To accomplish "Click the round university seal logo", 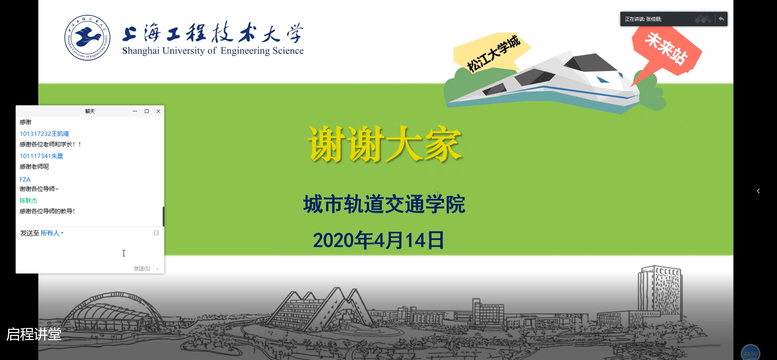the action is tap(87, 38).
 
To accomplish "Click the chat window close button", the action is tap(158, 111).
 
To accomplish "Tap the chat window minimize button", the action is tap(135, 111).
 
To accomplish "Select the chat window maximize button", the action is tap(147, 111).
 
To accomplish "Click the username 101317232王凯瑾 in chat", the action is tap(44, 134).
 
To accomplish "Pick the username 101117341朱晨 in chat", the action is tap(41, 156).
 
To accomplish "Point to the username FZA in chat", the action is tap(25, 179).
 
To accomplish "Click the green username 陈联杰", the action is tap(28, 200).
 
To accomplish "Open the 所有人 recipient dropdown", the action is tap(52, 233).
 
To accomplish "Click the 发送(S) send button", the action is tap(142, 269).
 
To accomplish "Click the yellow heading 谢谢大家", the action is tap(385, 144).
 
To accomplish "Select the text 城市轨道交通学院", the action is tap(384, 204).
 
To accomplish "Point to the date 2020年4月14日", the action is tap(378, 240).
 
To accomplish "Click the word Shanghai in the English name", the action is tap(141, 51).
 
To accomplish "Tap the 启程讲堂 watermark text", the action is tap(34, 334).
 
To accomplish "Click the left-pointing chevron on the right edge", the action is tap(758, 191).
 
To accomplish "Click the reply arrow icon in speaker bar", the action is tap(721, 19).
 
